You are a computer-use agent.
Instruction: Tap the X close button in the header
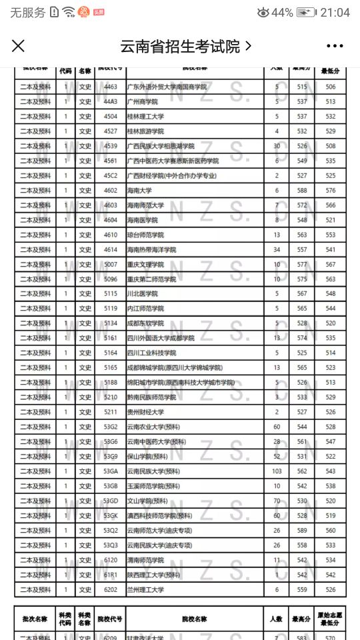[18, 46]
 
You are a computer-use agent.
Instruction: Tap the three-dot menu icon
[335, 46]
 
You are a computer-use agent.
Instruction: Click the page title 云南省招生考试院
[180, 46]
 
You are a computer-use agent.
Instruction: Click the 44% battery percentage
[282, 13]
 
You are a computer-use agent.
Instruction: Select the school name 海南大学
[140, 191]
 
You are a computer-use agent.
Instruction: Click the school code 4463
[111, 87]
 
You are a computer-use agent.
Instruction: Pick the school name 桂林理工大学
[145, 117]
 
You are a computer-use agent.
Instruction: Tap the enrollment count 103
[277, 471]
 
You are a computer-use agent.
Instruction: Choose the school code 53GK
[111, 515]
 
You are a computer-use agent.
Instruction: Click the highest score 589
[303, 530]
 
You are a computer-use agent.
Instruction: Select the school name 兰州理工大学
[145, 589]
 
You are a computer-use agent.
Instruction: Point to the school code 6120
[111, 560]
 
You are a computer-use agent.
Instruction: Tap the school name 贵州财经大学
[145, 412]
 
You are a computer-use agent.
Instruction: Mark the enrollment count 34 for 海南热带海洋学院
[277, 249]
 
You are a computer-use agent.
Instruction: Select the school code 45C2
[111, 176]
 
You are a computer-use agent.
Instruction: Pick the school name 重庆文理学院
[145, 265]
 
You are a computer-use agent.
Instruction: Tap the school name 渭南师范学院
[145, 560]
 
